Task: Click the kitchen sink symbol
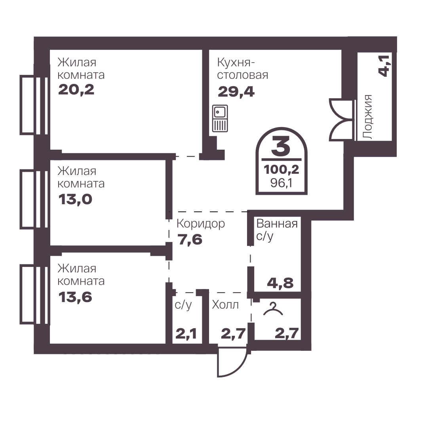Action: [220, 118]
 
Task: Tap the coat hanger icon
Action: [273, 309]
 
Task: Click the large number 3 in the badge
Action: [281, 146]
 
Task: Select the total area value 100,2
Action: [282, 170]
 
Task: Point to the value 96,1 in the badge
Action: [282, 183]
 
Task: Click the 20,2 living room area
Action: [76, 90]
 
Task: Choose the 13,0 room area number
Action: [75, 200]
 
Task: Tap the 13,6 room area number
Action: [75, 297]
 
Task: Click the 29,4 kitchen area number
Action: [236, 92]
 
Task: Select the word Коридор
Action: [201, 224]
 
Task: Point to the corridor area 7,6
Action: [190, 240]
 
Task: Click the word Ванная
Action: [277, 224]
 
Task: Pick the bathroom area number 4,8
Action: [280, 283]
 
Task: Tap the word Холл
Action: [225, 304]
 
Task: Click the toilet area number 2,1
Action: [186, 333]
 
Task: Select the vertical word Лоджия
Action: [368, 117]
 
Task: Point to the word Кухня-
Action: [236, 63]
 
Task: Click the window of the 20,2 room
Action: [34, 105]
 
